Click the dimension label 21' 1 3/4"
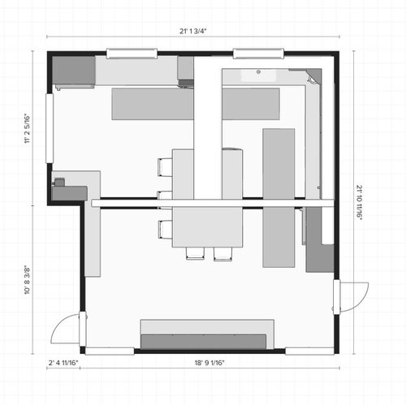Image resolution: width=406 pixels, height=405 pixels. (x=192, y=31)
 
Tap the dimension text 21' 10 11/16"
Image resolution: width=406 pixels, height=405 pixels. (x=359, y=202)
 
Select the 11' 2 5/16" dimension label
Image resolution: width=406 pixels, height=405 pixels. (x=28, y=128)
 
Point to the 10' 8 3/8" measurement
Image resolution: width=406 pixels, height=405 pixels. (x=28, y=280)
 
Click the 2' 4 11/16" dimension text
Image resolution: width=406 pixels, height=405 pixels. (x=63, y=363)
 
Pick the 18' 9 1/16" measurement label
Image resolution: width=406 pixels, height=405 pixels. (x=209, y=363)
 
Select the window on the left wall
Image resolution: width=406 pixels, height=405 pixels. (x=50, y=128)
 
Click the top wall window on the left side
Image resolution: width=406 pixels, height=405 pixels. (x=132, y=54)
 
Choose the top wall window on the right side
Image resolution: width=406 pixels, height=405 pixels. (x=258, y=54)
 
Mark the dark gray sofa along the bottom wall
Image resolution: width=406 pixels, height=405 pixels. (x=203, y=342)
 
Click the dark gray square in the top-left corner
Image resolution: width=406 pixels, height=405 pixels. (x=74, y=70)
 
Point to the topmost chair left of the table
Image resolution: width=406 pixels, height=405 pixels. (x=165, y=167)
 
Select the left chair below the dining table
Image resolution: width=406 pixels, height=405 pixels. (x=195, y=253)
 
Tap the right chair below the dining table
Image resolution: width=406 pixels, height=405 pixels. (x=222, y=254)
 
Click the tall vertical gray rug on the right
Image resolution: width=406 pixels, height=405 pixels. (x=279, y=198)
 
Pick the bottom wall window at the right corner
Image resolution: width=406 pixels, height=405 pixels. (x=309, y=351)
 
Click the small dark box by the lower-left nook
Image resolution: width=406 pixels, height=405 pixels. (x=59, y=182)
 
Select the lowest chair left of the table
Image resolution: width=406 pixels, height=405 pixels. (x=166, y=230)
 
